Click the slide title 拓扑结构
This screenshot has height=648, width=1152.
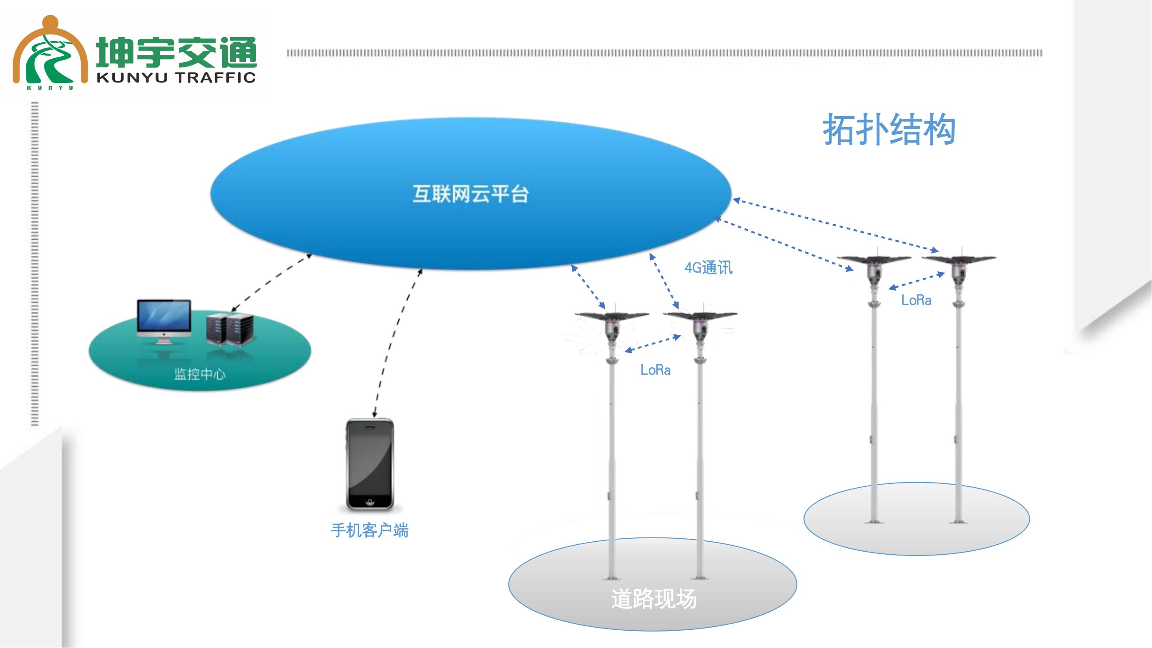(x=889, y=130)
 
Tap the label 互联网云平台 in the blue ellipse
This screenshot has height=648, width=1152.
(x=470, y=194)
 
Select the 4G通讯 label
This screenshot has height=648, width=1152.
(x=708, y=268)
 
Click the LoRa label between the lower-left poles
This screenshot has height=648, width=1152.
(x=655, y=370)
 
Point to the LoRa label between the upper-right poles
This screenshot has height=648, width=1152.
(x=916, y=300)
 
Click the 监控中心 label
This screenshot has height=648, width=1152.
(x=200, y=374)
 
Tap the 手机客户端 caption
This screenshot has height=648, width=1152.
(x=369, y=530)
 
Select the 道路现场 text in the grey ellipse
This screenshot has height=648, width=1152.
(x=654, y=599)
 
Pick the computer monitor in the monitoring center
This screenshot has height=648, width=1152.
(x=164, y=319)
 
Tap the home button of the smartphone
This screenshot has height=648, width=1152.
(x=370, y=501)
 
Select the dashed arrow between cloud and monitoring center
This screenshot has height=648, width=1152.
(x=271, y=283)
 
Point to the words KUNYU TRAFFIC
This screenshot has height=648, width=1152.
(x=176, y=77)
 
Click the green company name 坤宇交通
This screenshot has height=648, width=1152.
(x=177, y=52)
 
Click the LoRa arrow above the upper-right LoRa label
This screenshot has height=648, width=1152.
(x=916, y=281)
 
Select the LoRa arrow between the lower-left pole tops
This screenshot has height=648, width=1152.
(x=653, y=343)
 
